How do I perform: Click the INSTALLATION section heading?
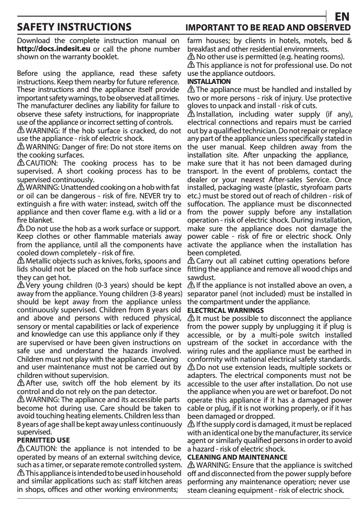[209, 82]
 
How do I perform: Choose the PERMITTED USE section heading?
[43, 440]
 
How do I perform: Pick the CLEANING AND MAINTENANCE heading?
[237, 457]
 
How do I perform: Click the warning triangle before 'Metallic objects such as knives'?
[21, 261]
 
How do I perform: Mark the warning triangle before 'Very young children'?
[21, 285]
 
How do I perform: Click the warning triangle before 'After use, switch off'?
[21, 383]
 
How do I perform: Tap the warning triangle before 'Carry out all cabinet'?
[191, 261]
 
